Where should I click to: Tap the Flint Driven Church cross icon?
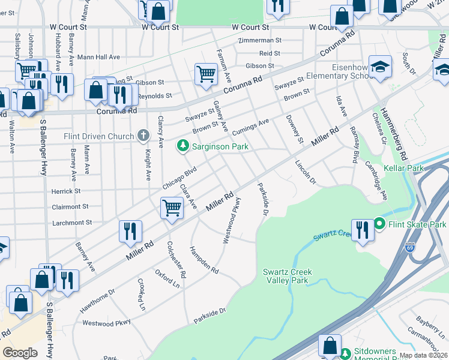[143, 136]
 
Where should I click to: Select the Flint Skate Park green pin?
[379, 224]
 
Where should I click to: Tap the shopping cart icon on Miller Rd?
[172, 208]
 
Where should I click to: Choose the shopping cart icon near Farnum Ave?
[206, 74]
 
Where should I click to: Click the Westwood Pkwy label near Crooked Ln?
[106, 323]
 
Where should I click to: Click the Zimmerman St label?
[260, 40]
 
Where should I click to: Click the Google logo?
[20, 353]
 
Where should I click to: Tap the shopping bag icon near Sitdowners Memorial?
[329, 345]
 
